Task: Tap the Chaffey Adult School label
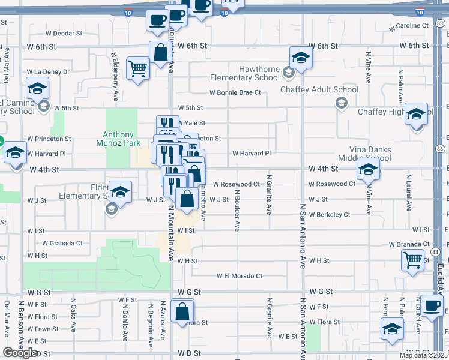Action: [x=320, y=90]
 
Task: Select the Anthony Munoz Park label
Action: [x=122, y=139]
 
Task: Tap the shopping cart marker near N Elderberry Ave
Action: [x=139, y=69]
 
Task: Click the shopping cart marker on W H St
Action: [x=412, y=260]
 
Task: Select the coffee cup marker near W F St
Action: [x=432, y=306]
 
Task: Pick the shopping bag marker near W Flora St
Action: [x=182, y=312]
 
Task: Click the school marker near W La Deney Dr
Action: [x=38, y=89]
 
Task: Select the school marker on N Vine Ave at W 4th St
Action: [x=368, y=169]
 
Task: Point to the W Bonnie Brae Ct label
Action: [x=235, y=92]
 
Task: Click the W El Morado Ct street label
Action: [x=240, y=276]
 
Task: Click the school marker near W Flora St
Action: [x=391, y=329]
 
